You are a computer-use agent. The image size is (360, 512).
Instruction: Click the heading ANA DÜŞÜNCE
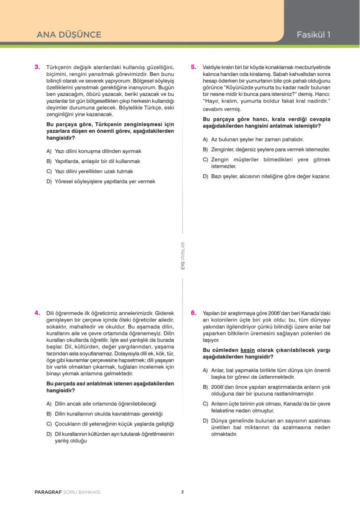click(x=69, y=35)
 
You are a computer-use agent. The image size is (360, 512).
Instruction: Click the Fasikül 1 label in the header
click(x=313, y=35)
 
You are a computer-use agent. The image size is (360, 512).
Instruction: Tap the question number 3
click(x=37, y=67)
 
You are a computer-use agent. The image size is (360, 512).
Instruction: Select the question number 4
click(x=37, y=312)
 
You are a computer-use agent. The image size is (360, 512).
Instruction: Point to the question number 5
click(x=194, y=67)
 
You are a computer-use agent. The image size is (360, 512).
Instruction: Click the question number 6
click(x=194, y=312)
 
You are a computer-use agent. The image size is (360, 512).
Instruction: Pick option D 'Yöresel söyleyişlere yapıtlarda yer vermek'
click(x=101, y=181)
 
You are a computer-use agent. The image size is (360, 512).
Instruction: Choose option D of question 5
click(x=267, y=176)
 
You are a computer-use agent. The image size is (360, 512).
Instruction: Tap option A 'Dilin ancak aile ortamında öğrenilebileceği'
click(x=101, y=404)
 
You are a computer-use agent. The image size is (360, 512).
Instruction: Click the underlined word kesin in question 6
click(x=247, y=350)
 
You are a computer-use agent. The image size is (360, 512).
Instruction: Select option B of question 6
click(x=267, y=390)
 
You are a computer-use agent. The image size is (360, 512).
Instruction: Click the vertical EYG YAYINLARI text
click(x=183, y=256)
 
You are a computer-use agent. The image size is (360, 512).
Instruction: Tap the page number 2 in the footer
click(x=183, y=492)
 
